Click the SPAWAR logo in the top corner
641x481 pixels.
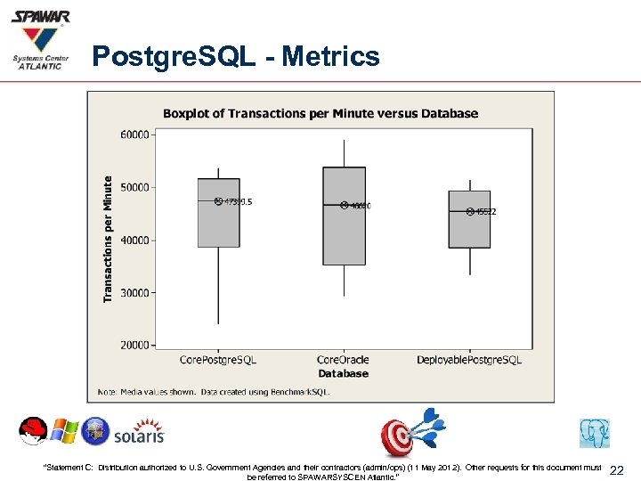tap(41, 39)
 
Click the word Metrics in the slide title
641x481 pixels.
tap(331, 57)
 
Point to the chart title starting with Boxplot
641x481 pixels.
tap(320, 113)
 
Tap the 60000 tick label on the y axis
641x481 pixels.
tap(134, 135)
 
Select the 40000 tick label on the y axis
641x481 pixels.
tap(134, 240)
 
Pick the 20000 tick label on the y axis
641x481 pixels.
tap(134, 345)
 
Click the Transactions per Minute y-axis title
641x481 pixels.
tap(109, 237)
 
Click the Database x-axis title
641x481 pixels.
tap(343, 373)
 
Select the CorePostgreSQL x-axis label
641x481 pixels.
tap(218, 360)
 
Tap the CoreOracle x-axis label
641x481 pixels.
tap(343, 360)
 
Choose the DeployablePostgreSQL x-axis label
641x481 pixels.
tap(469, 360)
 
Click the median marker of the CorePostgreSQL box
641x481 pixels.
tap(218, 202)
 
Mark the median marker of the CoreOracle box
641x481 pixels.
tap(344, 206)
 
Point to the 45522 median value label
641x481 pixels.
tap(486, 212)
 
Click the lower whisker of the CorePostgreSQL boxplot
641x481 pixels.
tap(218, 298)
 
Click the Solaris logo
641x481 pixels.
tap(139, 433)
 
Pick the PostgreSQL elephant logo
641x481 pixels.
tap(594, 433)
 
